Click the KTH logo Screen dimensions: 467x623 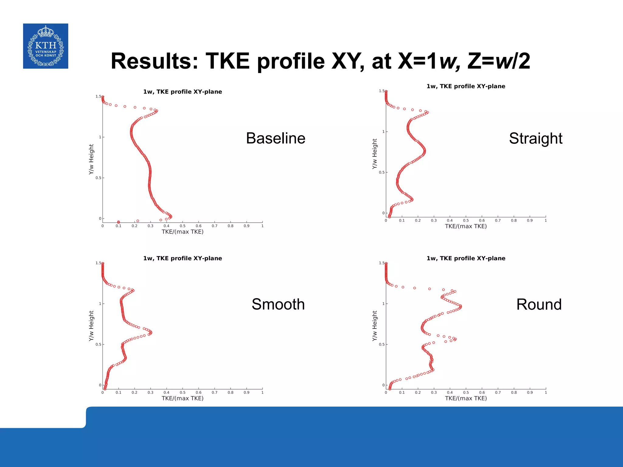pos(46,46)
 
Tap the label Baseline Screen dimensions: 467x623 pos(276,138)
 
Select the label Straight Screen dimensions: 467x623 pos(535,139)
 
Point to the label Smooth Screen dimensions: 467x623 pos(278,304)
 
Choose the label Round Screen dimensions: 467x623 pos(539,305)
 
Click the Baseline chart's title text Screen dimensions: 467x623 pos(183,92)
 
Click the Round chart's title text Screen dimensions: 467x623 pos(466,258)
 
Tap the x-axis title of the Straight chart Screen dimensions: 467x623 pos(466,226)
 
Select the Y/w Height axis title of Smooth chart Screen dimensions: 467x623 pos(91,326)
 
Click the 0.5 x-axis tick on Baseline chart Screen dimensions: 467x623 pos(183,226)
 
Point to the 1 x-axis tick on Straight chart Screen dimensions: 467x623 pos(546,220)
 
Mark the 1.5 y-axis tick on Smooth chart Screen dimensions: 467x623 pos(98,263)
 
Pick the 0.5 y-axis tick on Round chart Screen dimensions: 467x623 pos(381,344)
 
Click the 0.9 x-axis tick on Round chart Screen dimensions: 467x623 pos(530,393)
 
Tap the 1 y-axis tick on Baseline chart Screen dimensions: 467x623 pos(100,137)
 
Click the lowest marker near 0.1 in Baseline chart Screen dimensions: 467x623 pos(118,222)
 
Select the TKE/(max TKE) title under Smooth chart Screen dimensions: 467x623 pos(183,398)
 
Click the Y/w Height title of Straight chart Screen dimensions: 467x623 pos(374,154)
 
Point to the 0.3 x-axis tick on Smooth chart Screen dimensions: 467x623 pos(150,393)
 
